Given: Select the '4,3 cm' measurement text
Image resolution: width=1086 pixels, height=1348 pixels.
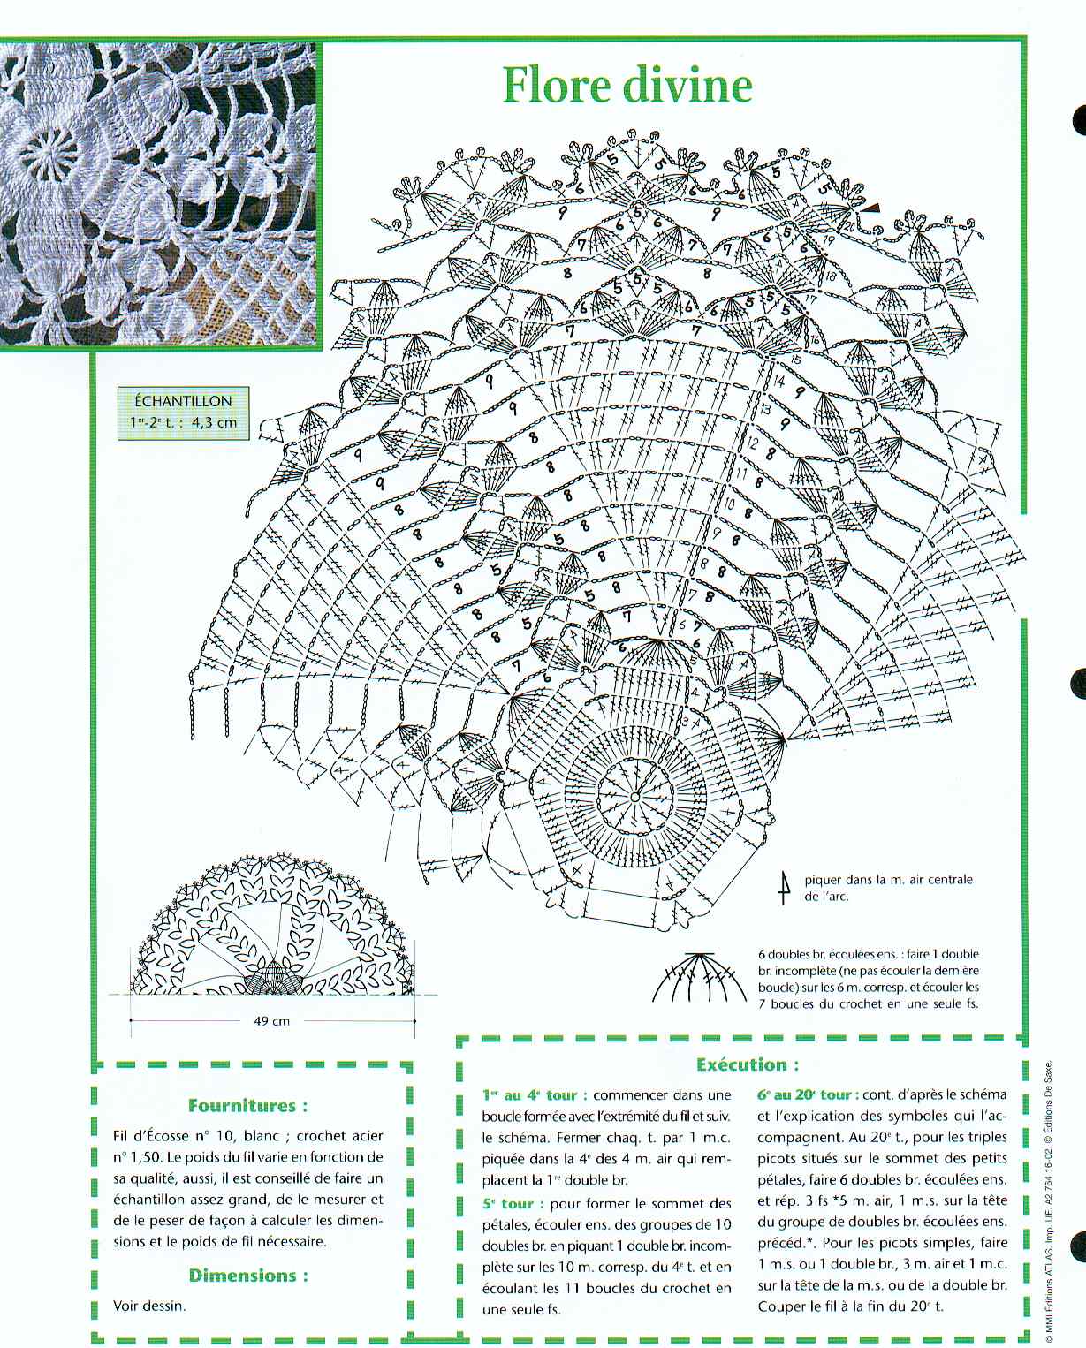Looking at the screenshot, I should click(x=214, y=422).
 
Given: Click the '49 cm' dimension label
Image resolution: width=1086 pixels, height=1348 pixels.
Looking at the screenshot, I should click(x=272, y=1021).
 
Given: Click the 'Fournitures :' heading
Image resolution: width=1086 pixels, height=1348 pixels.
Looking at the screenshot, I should click(x=248, y=1106).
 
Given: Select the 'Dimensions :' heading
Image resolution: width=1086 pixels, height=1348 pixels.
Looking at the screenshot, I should click(x=248, y=1276).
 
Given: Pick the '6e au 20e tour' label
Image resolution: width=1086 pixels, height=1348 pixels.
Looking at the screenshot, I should click(x=807, y=1094).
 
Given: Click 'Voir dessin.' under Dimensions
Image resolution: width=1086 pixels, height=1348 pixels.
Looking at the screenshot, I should click(x=149, y=1306).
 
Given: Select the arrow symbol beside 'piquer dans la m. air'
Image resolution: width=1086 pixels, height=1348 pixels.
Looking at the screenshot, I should click(x=784, y=888).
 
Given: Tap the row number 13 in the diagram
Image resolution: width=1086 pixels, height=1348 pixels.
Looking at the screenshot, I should click(x=764, y=410).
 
